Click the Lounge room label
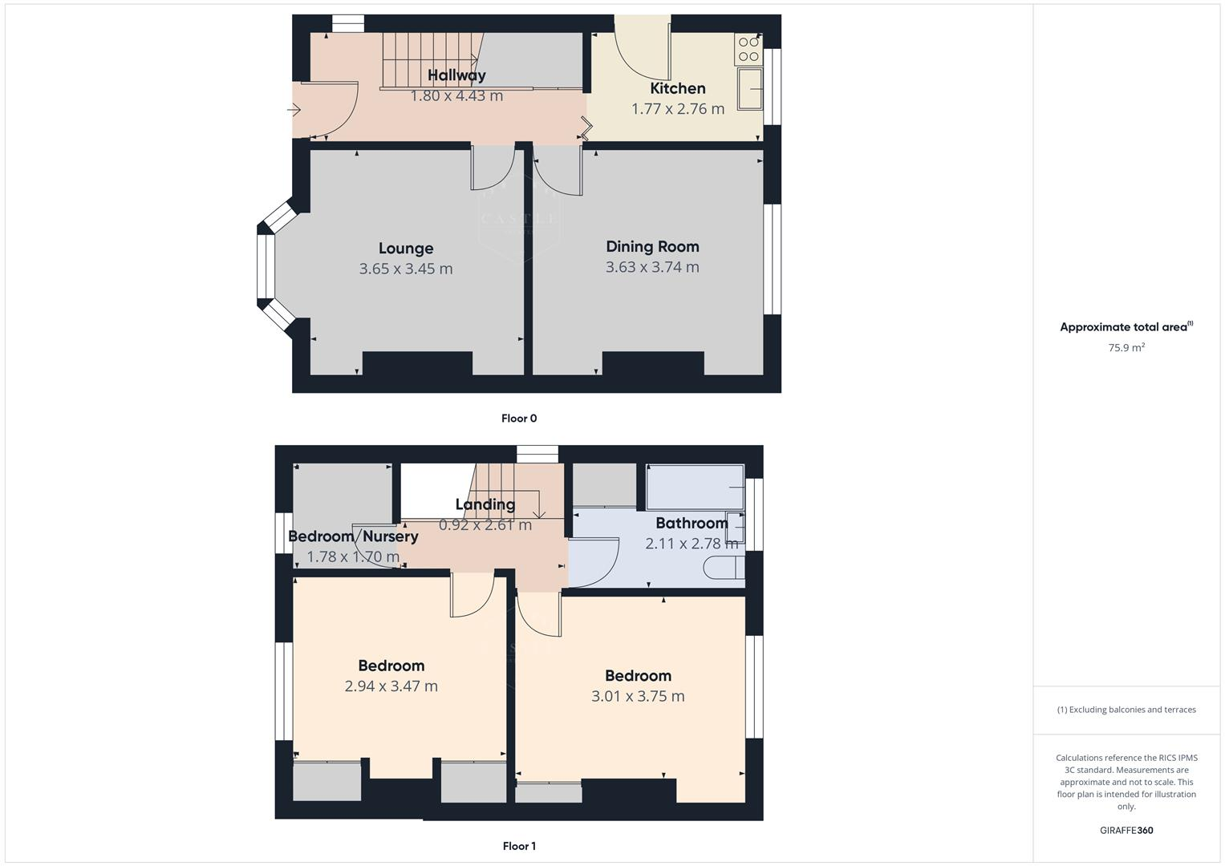406,249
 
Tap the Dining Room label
652,246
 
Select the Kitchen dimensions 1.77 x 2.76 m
678,108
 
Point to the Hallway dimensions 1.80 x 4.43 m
456,96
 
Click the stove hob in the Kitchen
748,49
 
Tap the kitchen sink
751,88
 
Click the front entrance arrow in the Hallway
294,110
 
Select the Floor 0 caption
519,418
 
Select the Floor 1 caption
519,846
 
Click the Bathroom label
692,523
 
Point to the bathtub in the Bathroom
695,487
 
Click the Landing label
485,504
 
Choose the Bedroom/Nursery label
353,536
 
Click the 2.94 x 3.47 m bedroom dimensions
391,686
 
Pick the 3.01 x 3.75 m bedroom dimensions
638,696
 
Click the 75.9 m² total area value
1126,348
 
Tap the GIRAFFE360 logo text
1126,830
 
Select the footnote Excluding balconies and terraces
1126,710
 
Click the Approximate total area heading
1126,327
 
